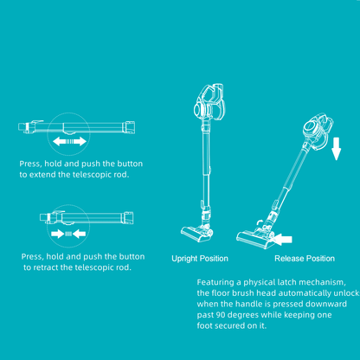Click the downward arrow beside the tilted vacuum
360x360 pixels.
(x=337, y=149)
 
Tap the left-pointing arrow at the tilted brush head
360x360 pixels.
(x=283, y=240)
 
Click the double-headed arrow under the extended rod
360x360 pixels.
(x=69, y=141)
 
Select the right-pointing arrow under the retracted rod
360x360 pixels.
(x=57, y=234)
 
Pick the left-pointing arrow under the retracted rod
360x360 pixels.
(x=79, y=234)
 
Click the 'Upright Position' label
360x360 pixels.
(x=200, y=259)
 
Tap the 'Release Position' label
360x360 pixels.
(x=305, y=259)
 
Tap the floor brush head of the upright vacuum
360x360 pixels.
(x=196, y=233)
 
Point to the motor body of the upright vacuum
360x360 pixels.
(x=209, y=101)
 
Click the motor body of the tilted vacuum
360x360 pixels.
(x=318, y=129)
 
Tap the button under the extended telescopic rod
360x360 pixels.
(x=69, y=133)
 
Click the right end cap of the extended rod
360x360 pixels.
(x=129, y=127)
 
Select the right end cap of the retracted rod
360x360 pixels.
(x=128, y=218)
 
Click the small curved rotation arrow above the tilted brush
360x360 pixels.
(x=260, y=223)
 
